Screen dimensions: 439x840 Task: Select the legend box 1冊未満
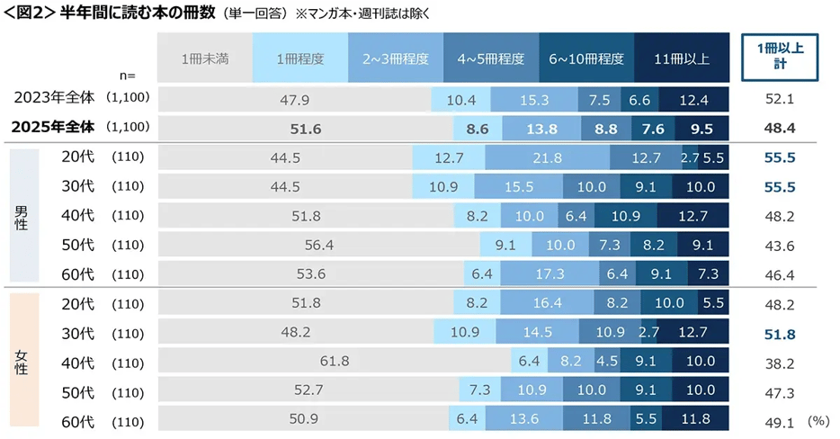pos(205,59)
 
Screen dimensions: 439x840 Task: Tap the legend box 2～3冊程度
pos(396,59)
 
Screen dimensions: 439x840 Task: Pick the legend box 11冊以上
pos(682,59)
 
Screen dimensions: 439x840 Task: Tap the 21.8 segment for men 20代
pos(547,158)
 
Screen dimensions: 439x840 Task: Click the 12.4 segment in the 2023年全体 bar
pos(693,99)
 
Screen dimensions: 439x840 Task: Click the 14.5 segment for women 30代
pos(537,333)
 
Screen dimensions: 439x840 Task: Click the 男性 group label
pos(22,217)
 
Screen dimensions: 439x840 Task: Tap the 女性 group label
pos(22,362)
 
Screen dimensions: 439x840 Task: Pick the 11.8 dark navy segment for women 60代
pos(696,419)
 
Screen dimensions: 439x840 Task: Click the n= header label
pos(128,76)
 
